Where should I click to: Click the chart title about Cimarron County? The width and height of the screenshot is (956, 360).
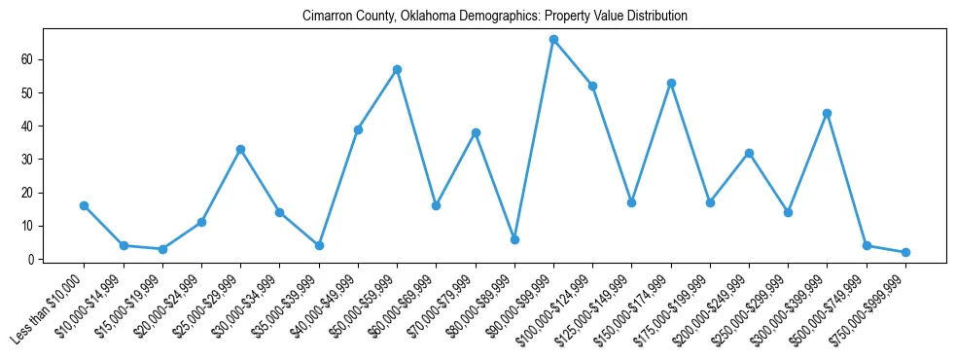[495, 17]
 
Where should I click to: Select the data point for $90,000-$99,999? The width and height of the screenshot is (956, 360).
[553, 40]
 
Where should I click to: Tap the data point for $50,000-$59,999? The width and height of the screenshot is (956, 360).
[397, 70]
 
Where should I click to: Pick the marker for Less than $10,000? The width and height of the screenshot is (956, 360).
[85, 205]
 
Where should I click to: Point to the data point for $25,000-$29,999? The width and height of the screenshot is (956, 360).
[240, 149]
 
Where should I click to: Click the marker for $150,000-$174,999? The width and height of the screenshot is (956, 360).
[671, 83]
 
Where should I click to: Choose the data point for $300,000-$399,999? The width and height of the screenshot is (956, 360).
[827, 113]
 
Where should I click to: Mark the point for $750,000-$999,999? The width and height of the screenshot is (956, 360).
[905, 252]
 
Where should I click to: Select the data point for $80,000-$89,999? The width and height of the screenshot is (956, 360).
[514, 239]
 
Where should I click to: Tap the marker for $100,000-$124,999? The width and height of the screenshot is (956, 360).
[592, 86]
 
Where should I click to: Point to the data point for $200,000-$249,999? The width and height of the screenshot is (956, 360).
[749, 153]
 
